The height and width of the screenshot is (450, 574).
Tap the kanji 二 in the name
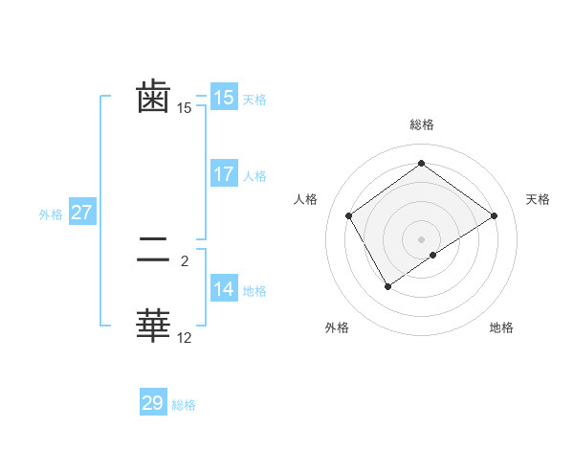coord(153,251)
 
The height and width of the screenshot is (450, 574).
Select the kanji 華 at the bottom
coord(153,326)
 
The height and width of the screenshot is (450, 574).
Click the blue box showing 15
coord(224,98)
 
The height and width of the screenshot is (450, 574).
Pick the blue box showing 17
coord(224,174)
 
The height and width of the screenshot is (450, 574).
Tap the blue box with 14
coord(224,289)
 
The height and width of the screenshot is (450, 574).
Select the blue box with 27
coord(81,213)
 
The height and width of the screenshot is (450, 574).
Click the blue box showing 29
coord(153,403)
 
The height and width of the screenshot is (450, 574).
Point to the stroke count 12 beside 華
coord(185,337)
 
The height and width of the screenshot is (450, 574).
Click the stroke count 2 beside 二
coord(185,260)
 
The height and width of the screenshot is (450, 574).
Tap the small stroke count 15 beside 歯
coord(185,108)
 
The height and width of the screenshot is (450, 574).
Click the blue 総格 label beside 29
coord(184,405)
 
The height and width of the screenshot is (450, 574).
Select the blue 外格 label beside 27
coord(51,214)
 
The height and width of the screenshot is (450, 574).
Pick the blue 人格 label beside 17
coord(254,176)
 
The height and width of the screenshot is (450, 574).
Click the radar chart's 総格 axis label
coord(421,124)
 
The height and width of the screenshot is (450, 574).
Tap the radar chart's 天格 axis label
coord(538,199)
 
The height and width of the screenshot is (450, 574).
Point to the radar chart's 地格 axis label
coord(501,327)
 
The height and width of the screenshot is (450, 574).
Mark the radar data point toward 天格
coord(494,216)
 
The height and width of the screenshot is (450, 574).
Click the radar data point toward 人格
coord(349,215)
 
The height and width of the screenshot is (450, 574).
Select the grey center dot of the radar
coord(421,238)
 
